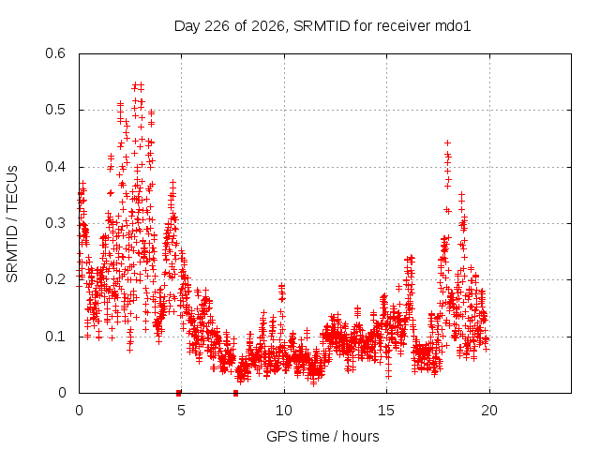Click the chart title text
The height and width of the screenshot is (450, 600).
tap(322, 26)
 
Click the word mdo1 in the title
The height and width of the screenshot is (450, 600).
tap(453, 26)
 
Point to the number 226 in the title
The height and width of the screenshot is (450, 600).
tap(217, 26)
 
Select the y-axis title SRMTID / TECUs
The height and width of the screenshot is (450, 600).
tap(12, 224)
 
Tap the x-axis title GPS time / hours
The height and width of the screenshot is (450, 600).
tap(322, 436)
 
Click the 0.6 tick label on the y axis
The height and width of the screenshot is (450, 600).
tap(55, 53)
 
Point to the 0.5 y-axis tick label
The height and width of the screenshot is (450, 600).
tap(55, 110)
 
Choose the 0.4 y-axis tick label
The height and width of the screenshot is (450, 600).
tap(55, 167)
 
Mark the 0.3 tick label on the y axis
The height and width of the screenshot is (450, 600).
tap(55, 223)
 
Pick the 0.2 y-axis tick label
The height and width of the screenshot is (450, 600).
tap(55, 279)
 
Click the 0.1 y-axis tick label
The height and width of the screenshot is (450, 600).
tap(55, 337)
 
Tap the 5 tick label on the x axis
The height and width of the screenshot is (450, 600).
tap(181, 411)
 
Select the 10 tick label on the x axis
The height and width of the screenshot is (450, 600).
tap(283, 411)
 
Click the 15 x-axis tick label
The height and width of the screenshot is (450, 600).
tap(386, 411)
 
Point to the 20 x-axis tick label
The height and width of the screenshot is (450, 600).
tap(489, 411)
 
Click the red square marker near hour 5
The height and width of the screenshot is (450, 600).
tap(179, 393)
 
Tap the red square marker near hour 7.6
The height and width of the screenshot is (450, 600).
tap(235, 393)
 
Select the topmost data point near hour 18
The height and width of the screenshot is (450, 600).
tap(447, 142)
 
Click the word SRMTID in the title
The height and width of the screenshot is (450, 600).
tap(322, 26)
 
